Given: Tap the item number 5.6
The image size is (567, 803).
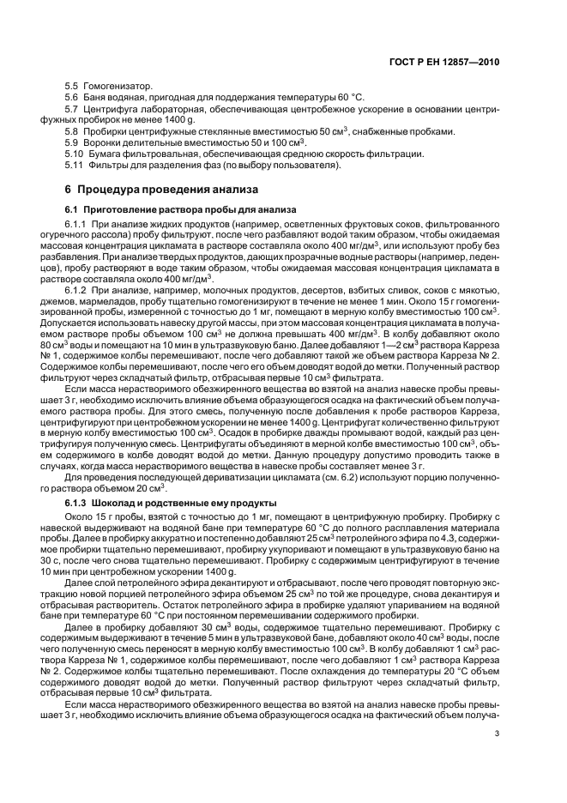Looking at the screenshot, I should point(72,99).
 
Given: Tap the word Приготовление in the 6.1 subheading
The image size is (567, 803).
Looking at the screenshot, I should point(125,208).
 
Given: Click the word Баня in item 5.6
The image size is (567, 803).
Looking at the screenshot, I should point(98,99).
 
